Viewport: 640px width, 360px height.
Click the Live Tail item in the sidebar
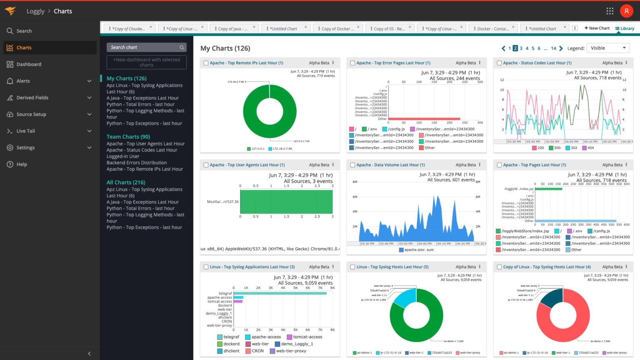[x=25, y=131]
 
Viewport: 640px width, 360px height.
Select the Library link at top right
[x=625, y=28]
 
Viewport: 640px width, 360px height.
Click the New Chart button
[x=597, y=28]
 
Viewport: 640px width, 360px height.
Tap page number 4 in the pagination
[x=527, y=48]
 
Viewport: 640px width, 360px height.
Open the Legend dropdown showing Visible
[x=608, y=48]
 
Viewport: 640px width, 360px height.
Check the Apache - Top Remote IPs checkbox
[x=206, y=63]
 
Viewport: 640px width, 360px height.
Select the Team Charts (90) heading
[x=128, y=137]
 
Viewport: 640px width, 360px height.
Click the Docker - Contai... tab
[x=492, y=29]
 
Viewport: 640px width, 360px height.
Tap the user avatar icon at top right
[x=626, y=11]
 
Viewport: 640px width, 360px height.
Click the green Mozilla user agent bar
[x=286, y=202]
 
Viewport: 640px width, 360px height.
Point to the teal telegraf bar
[x=280, y=293]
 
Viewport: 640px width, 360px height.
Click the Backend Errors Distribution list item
[x=136, y=163]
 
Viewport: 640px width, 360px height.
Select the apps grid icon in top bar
[x=610, y=11]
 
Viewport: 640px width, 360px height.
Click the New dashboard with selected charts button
[x=146, y=62]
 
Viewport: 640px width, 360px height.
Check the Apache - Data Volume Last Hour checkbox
[x=352, y=165]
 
